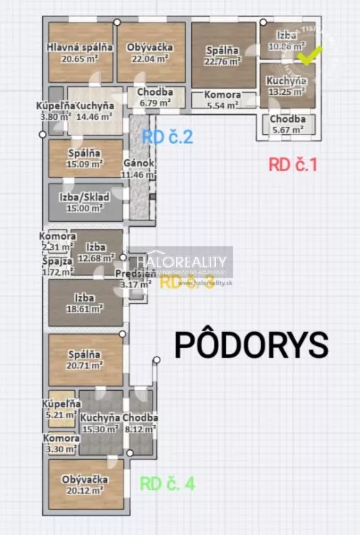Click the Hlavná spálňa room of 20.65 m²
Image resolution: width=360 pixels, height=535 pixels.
click(79, 53)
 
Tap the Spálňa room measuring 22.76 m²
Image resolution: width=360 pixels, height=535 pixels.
click(223, 56)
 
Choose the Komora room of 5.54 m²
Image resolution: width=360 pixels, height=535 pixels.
click(223, 100)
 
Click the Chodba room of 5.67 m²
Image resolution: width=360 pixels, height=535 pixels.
click(287, 124)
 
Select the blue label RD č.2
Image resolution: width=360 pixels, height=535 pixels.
click(168, 138)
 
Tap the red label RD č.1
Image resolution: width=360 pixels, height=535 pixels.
click(292, 165)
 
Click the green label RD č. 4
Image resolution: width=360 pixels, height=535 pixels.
click(167, 484)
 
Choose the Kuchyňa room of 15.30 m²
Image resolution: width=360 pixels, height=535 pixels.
click(99, 423)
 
